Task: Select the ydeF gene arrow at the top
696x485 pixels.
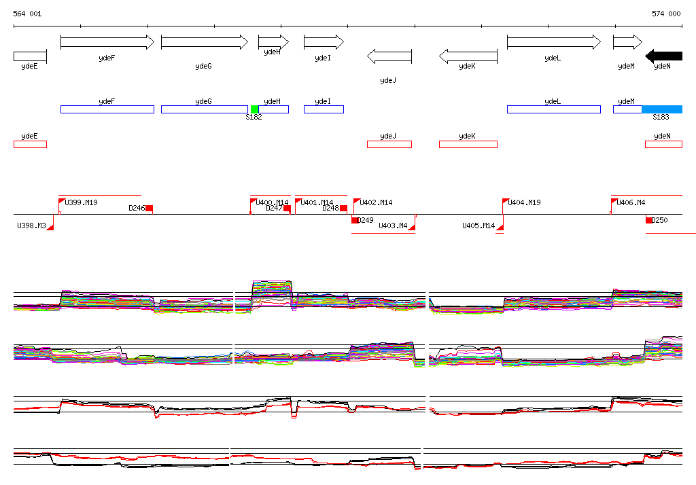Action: [x=107, y=42]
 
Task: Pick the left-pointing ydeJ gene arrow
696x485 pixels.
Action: [x=389, y=56]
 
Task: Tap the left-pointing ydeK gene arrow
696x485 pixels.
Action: [x=468, y=56]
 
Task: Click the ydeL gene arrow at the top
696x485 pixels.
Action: [x=554, y=42]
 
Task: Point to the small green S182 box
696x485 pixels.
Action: [x=254, y=109]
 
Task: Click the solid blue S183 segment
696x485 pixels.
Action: [x=662, y=109]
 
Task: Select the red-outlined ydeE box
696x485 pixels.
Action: [x=30, y=144]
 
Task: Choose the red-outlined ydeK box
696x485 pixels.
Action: [x=468, y=144]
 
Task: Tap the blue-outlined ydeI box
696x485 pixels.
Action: [x=324, y=109]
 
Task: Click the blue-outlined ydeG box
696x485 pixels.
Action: [x=204, y=109]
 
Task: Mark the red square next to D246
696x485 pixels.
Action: [x=150, y=209]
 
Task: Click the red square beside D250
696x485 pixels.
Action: [x=649, y=220]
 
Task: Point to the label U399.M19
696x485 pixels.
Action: [x=81, y=202]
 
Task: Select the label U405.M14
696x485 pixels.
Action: [x=478, y=226]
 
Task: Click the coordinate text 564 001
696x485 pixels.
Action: [x=27, y=14]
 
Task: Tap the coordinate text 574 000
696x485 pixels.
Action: [x=666, y=14]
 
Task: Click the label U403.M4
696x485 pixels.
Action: [x=393, y=226]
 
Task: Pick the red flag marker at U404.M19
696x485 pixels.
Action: [x=506, y=202]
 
